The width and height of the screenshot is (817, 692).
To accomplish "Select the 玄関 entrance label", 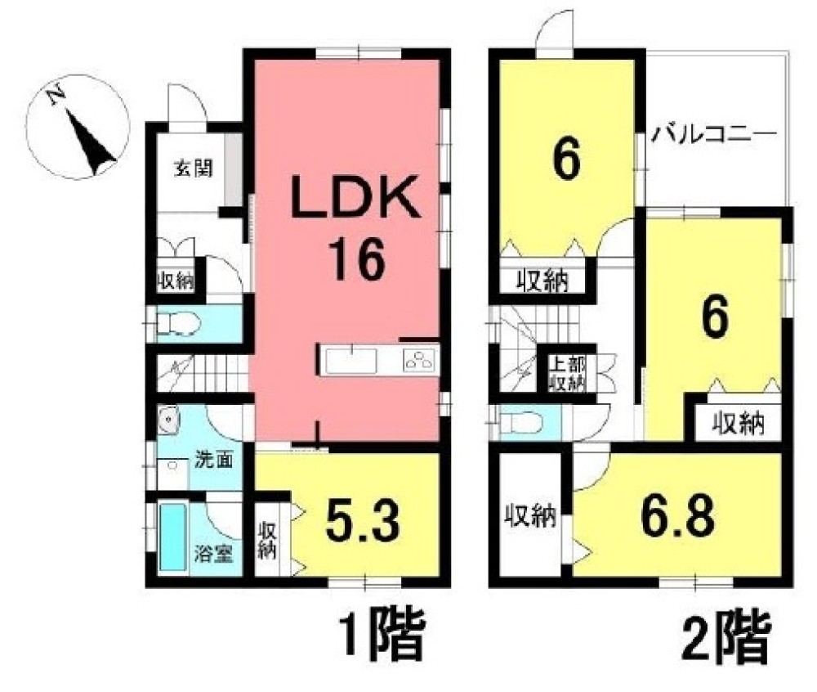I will coord(193,169).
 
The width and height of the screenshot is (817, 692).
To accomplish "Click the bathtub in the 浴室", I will coord(173,536).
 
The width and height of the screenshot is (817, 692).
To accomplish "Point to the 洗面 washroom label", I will coord(213,460).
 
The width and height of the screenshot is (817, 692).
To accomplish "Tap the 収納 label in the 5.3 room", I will coord(268,540).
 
